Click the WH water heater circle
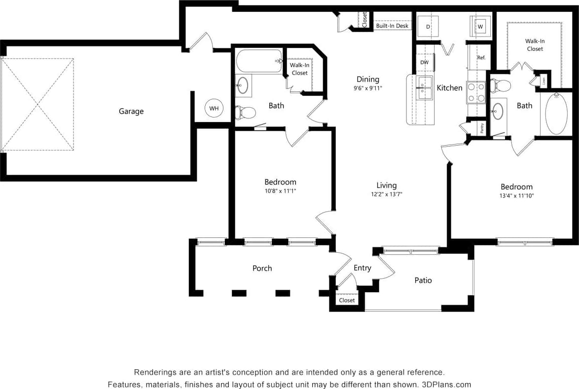pos(214,108)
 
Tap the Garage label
pos(131,112)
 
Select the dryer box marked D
pos(428,26)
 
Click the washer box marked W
pos(480,26)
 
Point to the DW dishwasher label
pos(424,63)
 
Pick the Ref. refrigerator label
pos(481,58)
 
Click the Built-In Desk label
pos(392,26)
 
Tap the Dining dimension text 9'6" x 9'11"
pos(368,88)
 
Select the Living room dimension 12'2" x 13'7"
pos(387,194)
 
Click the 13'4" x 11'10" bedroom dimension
pos(517,195)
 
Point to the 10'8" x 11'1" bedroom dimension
pos(280,191)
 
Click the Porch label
pos(262,268)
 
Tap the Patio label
pos(423,280)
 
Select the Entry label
pos(362,268)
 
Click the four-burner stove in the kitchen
pos(476,92)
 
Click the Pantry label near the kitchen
pos(482,127)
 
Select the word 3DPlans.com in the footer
pos(447,385)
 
